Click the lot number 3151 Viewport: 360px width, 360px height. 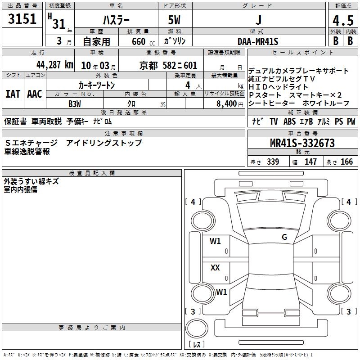[22, 19]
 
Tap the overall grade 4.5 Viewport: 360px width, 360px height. [343, 21]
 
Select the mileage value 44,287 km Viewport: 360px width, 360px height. [55, 65]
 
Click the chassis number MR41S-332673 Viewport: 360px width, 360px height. [302, 143]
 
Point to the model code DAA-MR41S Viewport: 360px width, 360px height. [258, 41]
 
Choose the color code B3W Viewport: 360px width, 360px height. [75, 104]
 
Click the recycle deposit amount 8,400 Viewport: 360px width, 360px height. [226, 104]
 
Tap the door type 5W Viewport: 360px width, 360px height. [174, 20]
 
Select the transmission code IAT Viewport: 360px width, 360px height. [13, 94]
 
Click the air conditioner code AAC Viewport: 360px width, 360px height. [35, 94]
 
